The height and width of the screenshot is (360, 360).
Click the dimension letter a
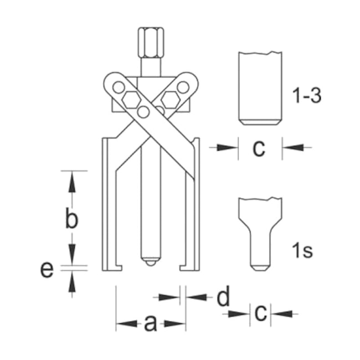pos(151,323)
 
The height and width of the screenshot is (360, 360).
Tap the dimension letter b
pos(71,218)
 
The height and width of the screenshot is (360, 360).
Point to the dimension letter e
pos(47,269)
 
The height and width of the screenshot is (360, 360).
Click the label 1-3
pos(306,95)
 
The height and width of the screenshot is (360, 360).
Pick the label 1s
pos(302,250)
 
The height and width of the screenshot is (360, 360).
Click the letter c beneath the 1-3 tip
pos(259,148)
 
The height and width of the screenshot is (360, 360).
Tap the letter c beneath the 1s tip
pos(261,313)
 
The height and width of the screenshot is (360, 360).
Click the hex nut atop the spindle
pos(151,43)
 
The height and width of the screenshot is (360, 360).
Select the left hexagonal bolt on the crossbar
pos(131,100)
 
